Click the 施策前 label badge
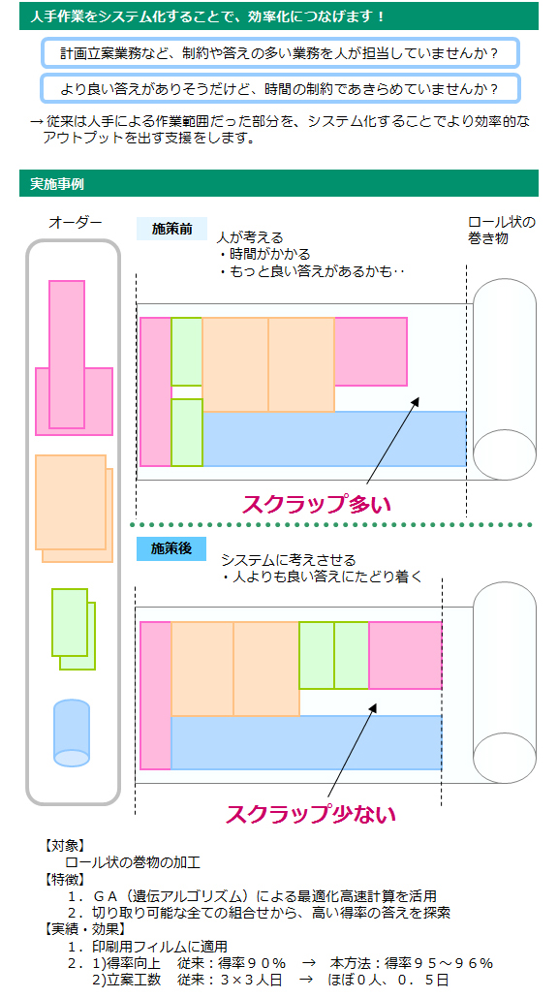click(x=171, y=229)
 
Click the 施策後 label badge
click(x=171, y=548)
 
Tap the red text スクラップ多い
click(x=316, y=504)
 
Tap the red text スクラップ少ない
click(x=311, y=814)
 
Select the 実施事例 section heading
click(x=57, y=184)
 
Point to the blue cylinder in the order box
click(x=72, y=733)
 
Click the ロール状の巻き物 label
click(x=502, y=231)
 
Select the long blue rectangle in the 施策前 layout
click(x=334, y=439)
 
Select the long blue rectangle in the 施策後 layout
click(x=306, y=742)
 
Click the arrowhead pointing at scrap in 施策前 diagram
click(x=417, y=401)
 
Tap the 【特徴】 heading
click(x=64, y=880)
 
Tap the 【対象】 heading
click(x=64, y=847)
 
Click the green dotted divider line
click(x=331, y=525)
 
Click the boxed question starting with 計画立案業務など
click(x=280, y=53)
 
